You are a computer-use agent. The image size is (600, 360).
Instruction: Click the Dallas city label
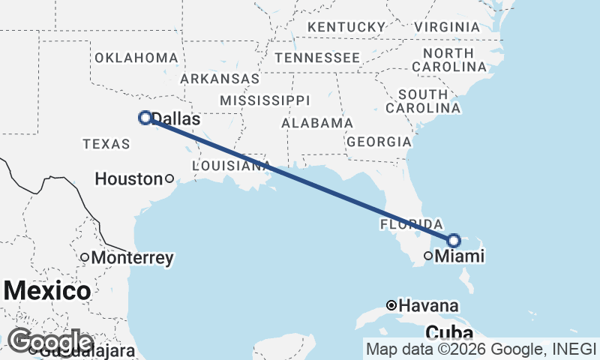176,118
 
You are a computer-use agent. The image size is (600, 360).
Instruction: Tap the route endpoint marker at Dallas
145,117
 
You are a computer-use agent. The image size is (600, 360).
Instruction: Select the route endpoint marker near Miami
454,240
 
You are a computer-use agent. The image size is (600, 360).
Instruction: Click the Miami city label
460,256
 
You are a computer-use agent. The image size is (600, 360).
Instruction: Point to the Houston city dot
169,178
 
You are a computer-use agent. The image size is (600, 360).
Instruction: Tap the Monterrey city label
132,258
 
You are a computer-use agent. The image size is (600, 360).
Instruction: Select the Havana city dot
391,305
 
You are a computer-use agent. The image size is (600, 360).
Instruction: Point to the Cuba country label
448,332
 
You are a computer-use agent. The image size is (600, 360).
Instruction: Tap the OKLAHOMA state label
136,58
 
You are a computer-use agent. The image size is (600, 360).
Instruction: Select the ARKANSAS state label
220,79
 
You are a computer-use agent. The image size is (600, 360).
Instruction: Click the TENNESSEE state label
316,58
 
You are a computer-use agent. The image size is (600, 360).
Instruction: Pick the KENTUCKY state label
346,27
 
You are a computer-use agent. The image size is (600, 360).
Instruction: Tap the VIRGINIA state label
446,27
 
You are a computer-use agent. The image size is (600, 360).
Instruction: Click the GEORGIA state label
378,142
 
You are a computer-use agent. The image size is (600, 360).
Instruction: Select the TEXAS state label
106,143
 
